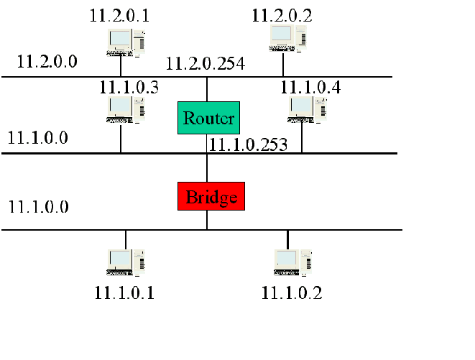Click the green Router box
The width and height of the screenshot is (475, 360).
[x=207, y=118]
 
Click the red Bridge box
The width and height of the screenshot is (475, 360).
[x=211, y=196]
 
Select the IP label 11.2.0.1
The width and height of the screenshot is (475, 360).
[x=120, y=15]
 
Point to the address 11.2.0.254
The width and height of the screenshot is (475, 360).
[x=206, y=64]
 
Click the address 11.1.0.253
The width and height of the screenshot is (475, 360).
[x=248, y=144]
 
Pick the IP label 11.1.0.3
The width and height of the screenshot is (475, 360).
[x=129, y=88]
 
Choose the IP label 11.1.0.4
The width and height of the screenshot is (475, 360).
[x=310, y=88]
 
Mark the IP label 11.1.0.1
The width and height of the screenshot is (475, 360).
[x=124, y=292]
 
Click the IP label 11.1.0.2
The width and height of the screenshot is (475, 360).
[x=292, y=292]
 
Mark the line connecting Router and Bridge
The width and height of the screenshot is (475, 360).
[x=207, y=167]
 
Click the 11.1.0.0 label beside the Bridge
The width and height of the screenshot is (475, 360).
[x=38, y=206]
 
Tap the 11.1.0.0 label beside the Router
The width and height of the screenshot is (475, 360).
[x=38, y=137]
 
